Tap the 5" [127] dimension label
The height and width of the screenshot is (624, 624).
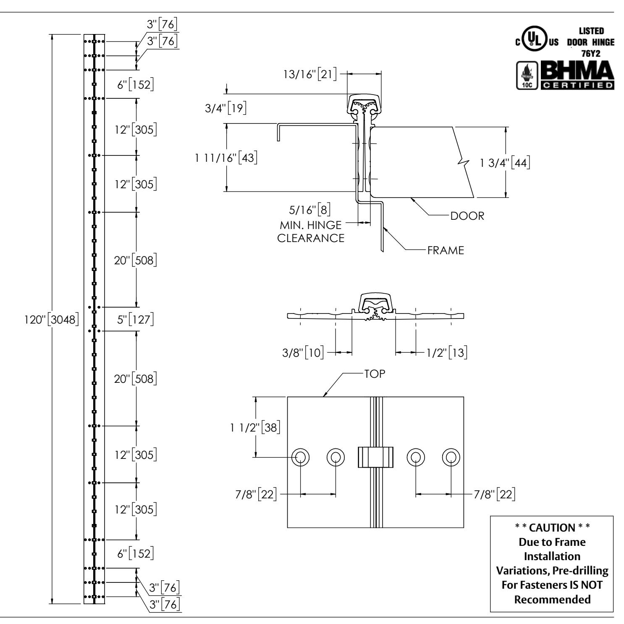pos(135,320)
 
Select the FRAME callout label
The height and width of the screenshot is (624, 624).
pos(446,251)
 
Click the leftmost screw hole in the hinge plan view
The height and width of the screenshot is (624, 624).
pos(301,457)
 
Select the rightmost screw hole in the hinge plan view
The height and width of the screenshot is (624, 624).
pos(451,457)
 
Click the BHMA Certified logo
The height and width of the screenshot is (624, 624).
pos(576,75)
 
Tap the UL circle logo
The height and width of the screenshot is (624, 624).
pos(533,42)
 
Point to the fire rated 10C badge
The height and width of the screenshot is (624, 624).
pos(526,76)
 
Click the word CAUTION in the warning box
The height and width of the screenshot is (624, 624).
pos(551,527)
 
